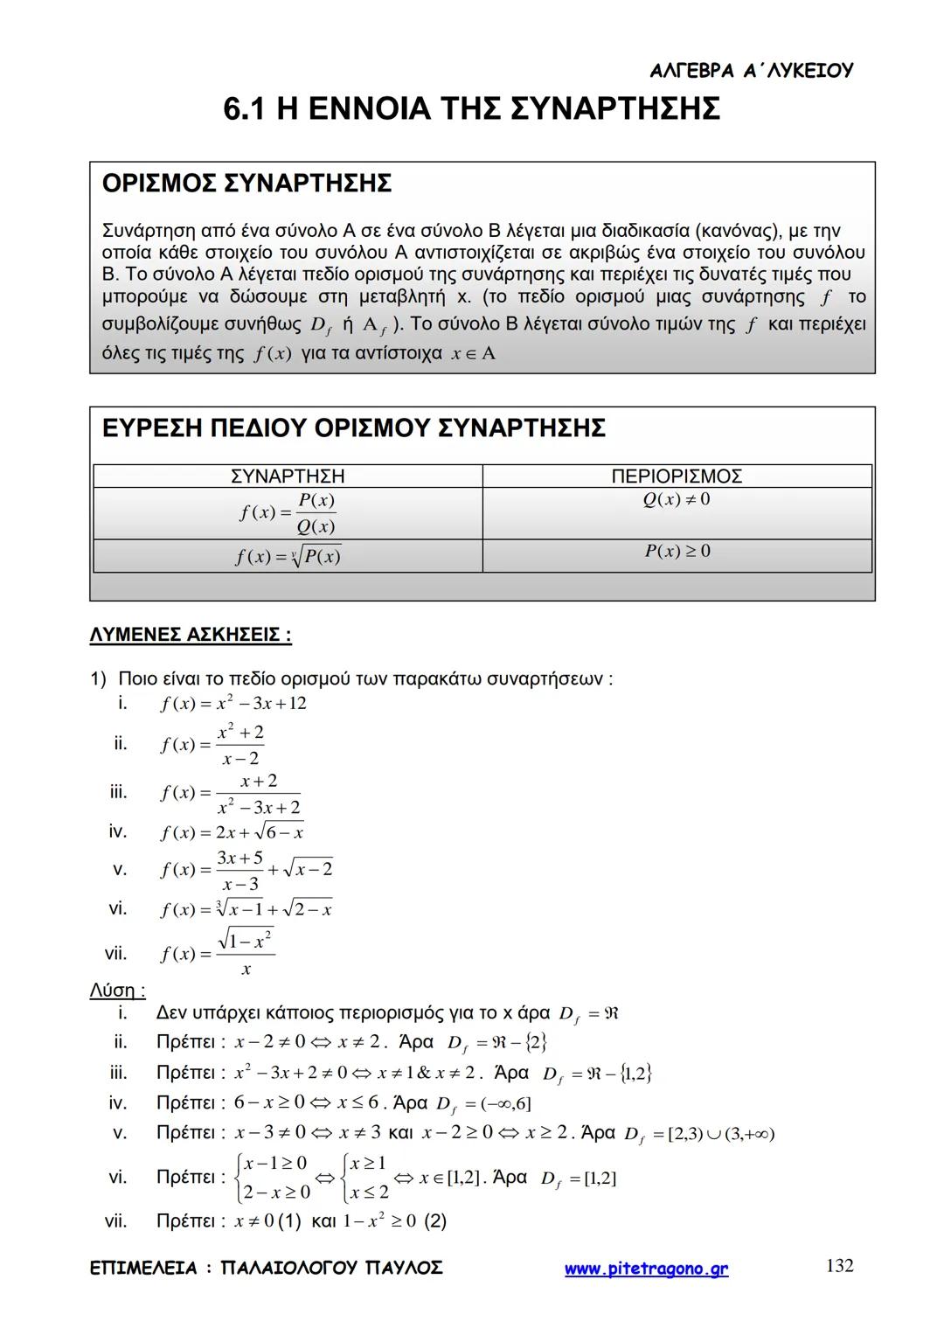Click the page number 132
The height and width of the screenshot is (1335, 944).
click(x=839, y=1265)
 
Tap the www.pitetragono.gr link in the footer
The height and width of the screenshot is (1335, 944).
click(x=646, y=1269)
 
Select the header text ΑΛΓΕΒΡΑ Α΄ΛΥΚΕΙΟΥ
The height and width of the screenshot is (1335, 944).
click(x=752, y=71)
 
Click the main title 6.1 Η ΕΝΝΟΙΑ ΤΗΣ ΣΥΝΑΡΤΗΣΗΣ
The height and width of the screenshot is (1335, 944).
click(x=472, y=109)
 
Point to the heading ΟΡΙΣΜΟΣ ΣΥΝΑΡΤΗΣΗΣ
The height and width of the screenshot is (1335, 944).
click(x=246, y=184)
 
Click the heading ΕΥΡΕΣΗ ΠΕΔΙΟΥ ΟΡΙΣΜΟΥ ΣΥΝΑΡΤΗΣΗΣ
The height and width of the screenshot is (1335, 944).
click(x=353, y=428)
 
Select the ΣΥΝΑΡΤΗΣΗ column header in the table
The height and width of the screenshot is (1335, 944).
click(x=288, y=476)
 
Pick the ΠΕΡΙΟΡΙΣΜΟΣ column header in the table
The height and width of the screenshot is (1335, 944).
click(x=677, y=476)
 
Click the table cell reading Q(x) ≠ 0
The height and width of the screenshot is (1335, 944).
click(x=677, y=499)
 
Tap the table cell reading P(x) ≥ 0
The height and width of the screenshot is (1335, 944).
click(x=677, y=551)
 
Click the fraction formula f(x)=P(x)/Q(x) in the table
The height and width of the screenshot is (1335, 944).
click(x=288, y=513)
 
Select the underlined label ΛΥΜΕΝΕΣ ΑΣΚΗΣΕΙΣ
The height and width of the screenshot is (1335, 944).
click(x=191, y=635)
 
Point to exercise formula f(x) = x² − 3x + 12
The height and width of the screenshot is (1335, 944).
click(x=233, y=704)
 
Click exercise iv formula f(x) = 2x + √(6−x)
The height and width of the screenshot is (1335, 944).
click(x=232, y=831)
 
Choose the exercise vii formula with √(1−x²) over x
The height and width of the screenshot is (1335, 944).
click(x=218, y=952)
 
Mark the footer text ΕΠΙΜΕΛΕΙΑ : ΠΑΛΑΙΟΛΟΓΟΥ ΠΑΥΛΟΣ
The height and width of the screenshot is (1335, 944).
click(x=266, y=1268)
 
